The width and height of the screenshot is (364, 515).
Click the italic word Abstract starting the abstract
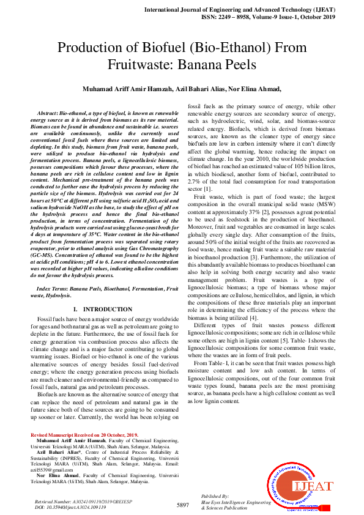pyautogui.click(x=47, y=114)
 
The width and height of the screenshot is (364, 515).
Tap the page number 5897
pyautogui.click(x=182, y=505)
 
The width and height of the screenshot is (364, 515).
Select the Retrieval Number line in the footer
pyautogui.click(x=75, y=502)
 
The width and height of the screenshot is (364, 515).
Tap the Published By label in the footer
pyautogui.click(x=215, y=496)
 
